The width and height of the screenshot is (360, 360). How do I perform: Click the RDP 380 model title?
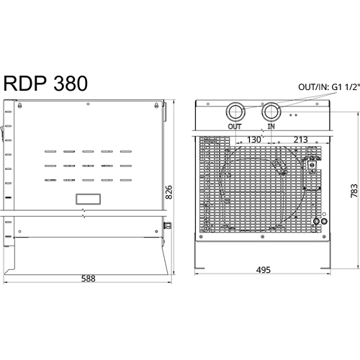point(45,84)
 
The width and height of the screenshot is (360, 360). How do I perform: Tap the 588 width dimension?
point(89,279)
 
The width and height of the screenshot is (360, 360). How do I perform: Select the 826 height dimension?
point(169,192)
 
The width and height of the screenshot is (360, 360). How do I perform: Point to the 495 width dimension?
point(264,270)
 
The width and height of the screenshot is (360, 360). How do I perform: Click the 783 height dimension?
point(354,191)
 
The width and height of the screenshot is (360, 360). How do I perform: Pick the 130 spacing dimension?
point(253,140)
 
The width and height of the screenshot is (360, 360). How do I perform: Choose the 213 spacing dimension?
point(300,140)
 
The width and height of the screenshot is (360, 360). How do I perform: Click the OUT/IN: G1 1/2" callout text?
point(329,87)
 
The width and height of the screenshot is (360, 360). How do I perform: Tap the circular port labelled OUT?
point(235,112)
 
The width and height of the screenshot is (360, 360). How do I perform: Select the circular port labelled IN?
point(271,112)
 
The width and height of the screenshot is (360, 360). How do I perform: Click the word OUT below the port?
point(235,127)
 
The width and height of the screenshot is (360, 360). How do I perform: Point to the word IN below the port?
point(271,127)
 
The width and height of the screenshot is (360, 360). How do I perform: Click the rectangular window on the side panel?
point(88,199)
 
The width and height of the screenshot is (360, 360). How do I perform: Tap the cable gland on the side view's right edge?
point(168,225)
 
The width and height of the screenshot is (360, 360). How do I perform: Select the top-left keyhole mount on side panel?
point(19,105)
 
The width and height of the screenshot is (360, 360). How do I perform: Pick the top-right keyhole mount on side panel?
point(156,105)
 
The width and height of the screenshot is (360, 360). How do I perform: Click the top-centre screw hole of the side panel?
point(88,104)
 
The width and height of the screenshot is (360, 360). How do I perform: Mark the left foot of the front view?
point(199,268)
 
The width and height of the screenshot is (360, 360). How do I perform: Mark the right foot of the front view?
point(325,268)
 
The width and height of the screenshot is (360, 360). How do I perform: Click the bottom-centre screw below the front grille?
point(263,237)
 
